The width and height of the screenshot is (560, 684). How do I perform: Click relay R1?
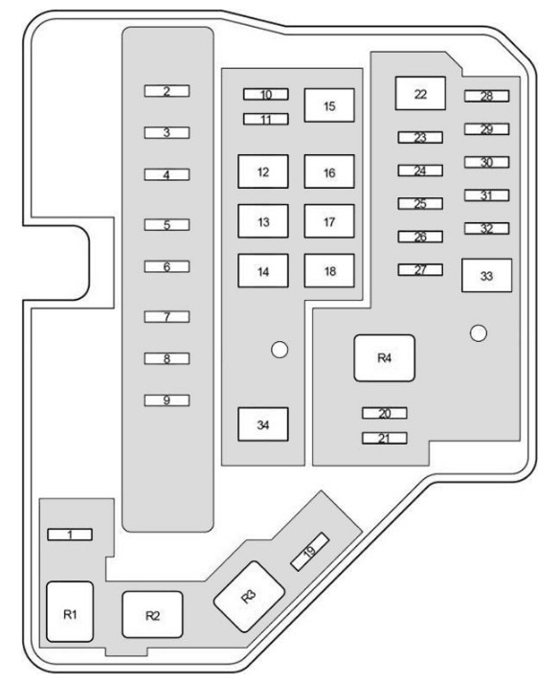coord(70,611)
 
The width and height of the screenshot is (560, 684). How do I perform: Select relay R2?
coord(152,614)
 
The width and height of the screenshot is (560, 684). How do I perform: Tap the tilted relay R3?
coord(249,596)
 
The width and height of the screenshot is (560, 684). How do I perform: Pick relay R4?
coord(385,358)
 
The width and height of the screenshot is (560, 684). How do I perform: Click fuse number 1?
coord(70,535)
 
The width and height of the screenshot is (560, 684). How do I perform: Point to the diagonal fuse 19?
coord(310,552)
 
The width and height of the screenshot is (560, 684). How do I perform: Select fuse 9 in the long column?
coord(167,400)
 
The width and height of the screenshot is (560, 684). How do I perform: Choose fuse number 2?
coord(167,91)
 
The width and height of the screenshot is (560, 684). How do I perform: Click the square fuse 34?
coord(263,424)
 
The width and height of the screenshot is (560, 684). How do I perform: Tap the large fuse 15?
coord(329,105)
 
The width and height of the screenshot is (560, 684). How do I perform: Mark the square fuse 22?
coord(420,93)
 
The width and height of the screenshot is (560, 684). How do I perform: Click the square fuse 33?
coord(487,275)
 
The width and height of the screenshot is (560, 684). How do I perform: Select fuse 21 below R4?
coord(385,438)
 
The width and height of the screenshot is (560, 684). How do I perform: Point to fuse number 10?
coord(266,94)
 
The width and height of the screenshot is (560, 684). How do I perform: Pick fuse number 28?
coord(487,96)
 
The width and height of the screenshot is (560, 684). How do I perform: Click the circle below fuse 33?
coord(479,333)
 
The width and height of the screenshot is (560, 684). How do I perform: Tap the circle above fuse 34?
coord(280,350)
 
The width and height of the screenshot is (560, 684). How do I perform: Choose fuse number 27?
coord(420,269)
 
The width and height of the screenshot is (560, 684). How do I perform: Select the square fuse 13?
coord(263,221)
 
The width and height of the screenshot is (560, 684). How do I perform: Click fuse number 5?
coord(167,225)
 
